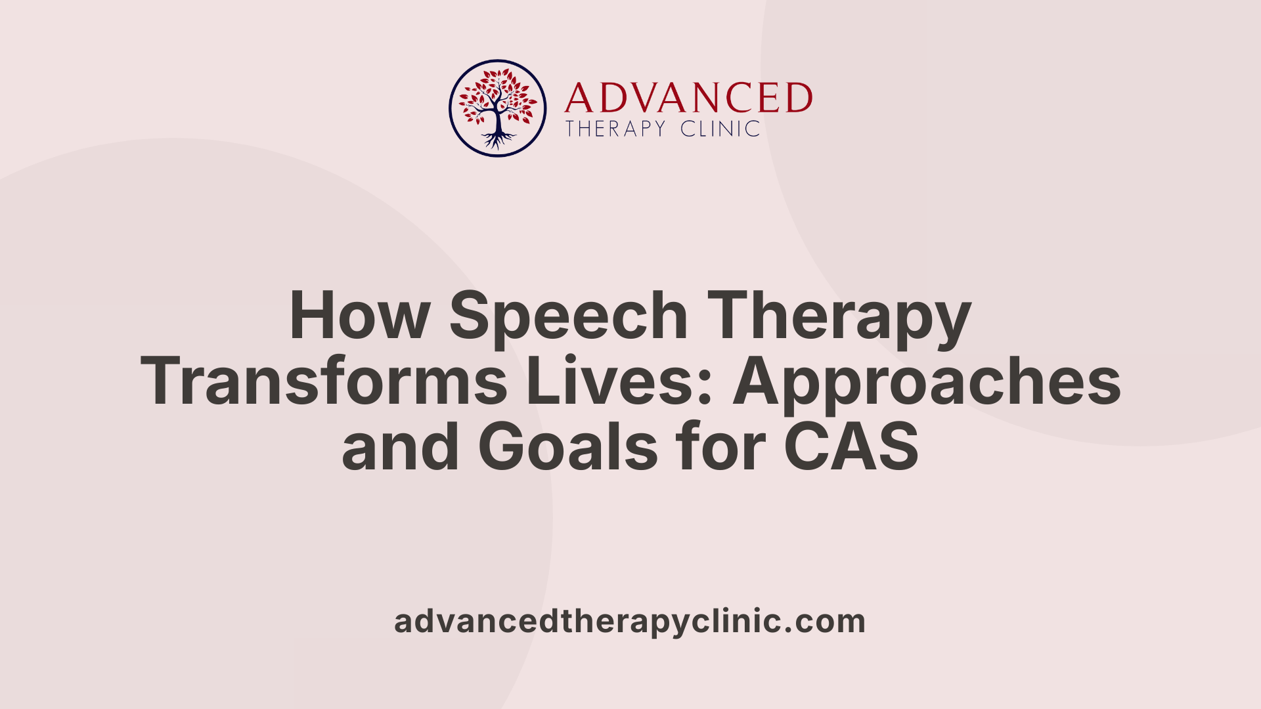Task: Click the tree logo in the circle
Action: [497, 108]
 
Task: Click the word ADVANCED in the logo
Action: [688, 98]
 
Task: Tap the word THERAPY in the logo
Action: [616, 129]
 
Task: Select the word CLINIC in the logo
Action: [720, 129]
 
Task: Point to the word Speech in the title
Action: [569, 316]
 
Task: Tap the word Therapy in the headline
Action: [839, 316]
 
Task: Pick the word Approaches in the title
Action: [927, 382]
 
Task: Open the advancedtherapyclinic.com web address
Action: [630, 621]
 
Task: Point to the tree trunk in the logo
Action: [498, 121]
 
